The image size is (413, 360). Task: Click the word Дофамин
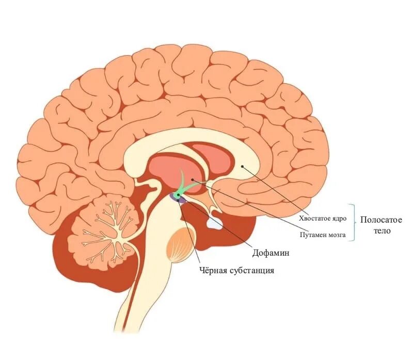coord(271,254)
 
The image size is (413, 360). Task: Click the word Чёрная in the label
coord(214,270)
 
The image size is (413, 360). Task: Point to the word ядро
coord(340,218)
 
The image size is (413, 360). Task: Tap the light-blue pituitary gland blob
coord(215,223)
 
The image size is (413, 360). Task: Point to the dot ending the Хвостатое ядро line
coord(243,166)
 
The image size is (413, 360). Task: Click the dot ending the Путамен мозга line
coord(193,179)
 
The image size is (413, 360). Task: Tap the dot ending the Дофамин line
coord(179,195)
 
